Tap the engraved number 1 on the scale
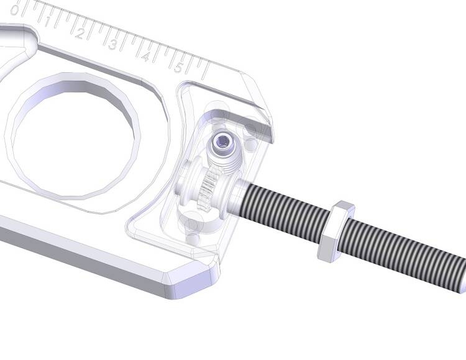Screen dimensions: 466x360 [48, 21]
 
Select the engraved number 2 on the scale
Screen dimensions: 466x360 [80, 33]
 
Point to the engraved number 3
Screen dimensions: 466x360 [112, 44]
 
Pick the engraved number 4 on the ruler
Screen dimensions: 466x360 [145, 56]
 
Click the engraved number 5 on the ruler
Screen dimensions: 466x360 [178, 68]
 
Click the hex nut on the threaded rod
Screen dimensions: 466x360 [336, 232]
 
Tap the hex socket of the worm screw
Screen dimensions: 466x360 [222, 139]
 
